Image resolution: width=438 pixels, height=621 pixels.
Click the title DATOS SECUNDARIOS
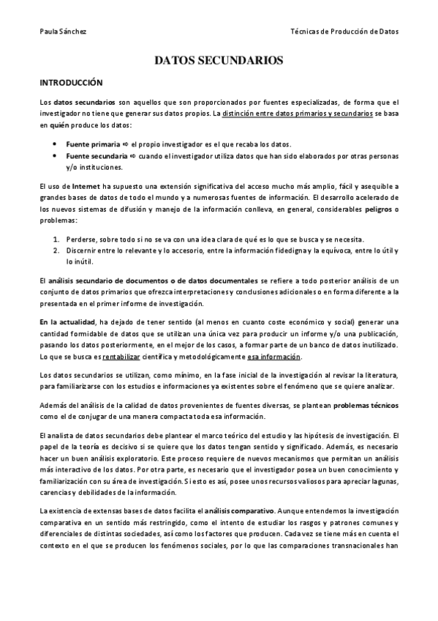[219, 62]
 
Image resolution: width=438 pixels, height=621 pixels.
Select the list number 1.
[57, 240]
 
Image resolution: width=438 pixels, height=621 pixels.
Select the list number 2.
[57, 251]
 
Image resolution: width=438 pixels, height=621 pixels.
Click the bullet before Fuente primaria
[57, 144]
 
